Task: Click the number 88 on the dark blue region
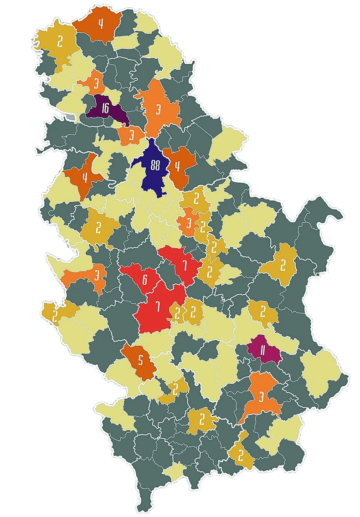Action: pyautogui.click(x=155, y=166)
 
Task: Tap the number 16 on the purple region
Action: pyautogui.click(x=105, y=108)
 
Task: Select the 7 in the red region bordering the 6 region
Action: pyautogui.click(x=158, y=306)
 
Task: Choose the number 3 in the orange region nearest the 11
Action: pyautogui.click(x=261, y=396)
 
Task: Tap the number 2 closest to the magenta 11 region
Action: pyautogui.click(x=263, y=312)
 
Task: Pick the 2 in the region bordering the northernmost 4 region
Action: pyautogui.click(x=60, y=41)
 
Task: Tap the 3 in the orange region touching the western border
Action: pyautogui.click(x=97, y=276)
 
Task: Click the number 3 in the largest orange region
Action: pyautogui.click(x=158, y=109)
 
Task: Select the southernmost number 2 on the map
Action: pyautogui.click(x=240, y=455)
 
